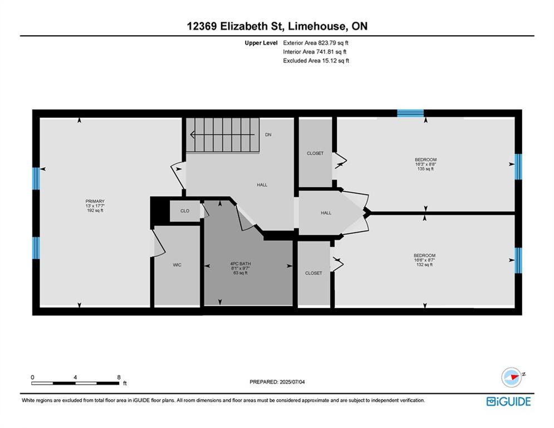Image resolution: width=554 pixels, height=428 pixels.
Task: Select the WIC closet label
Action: pos(177,265)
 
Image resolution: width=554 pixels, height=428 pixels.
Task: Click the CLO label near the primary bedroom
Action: pos(185,211)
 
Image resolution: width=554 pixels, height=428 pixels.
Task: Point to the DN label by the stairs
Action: pos(268,135)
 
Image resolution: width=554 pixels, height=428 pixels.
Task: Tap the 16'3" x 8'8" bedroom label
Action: pos(425,164)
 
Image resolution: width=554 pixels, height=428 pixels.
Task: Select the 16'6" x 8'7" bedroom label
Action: pos(424,260)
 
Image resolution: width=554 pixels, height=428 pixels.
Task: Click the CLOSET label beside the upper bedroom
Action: pos(315,153)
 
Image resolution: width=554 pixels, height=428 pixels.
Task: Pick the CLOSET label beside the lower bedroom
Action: pos(313,273)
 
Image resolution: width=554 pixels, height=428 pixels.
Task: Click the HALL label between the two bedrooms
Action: pos(326,213)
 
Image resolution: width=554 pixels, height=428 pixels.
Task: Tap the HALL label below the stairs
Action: pos(262,184)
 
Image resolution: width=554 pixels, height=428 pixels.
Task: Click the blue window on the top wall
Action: pos(410,113)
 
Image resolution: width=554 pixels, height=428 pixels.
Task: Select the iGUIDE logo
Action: pos(508,401)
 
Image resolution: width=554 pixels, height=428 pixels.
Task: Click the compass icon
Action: pos(512,377)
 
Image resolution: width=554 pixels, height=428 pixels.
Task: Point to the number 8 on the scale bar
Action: pos(119,377)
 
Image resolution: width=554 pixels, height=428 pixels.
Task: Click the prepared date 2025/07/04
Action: pos(292,382)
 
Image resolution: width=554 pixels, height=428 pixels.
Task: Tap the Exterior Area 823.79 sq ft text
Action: pos(316,43)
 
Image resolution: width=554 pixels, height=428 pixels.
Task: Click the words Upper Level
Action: pos(261,43)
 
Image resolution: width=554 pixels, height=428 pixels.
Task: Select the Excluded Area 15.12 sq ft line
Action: pos(316,61)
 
